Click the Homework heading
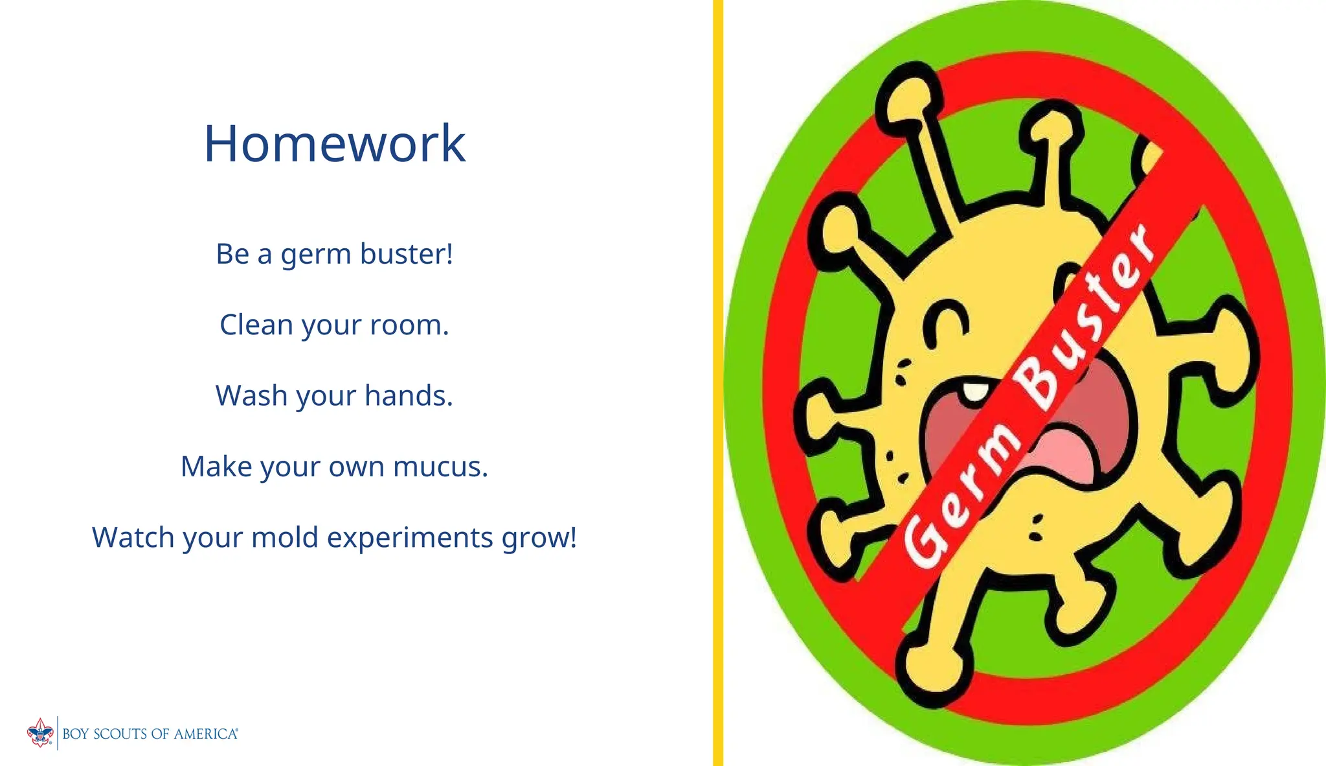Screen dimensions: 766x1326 (x=334, y=143)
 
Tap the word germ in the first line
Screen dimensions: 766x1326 (x=315, y=254)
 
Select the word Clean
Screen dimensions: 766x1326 (x=256, y=325)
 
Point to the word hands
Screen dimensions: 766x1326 (x=408, y=395)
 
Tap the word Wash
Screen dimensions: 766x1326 (x=251, y=395)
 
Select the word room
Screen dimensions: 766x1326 (x=408, y=325)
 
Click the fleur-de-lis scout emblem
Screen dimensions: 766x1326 (x=40, y=733)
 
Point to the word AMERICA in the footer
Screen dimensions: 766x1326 (x=205, y=734)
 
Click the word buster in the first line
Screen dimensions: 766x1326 (x=405, y=254)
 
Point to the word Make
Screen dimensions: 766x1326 (x=216, y=467)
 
